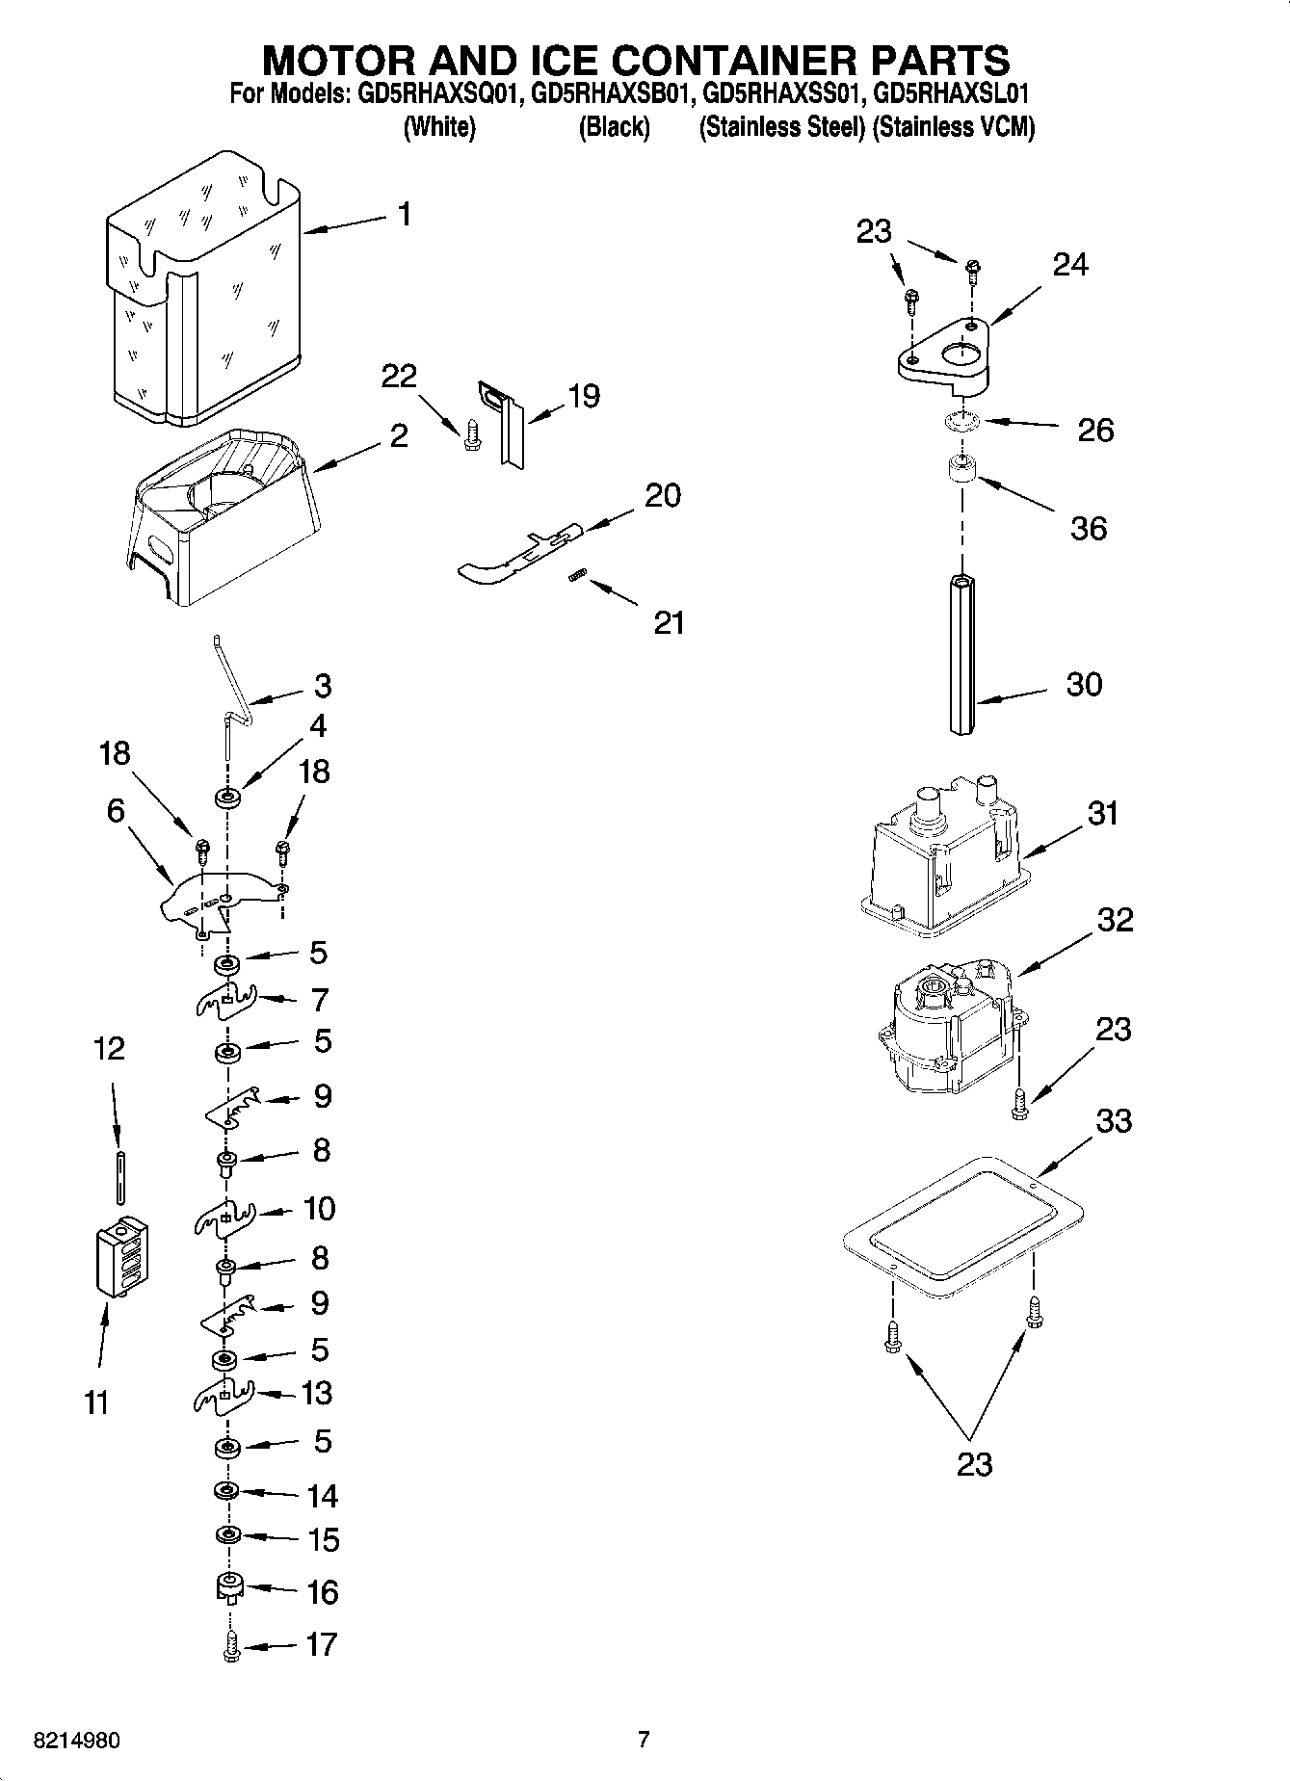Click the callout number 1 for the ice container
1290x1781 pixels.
pyautogui.click(x=405, y=214)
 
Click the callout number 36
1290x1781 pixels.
pyautogui.click(x=1089, y=528)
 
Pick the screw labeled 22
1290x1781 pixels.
pyautogui.click(x=470, y=434)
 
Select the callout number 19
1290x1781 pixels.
pyautogui.click(x=584, y=396)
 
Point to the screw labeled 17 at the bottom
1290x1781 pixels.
pyautogui.click(x=230, y=1649)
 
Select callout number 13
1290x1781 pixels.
pyautogui.click(x=317, y=1393)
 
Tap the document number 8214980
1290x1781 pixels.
pyautogui.click(x=77, y=1741)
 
